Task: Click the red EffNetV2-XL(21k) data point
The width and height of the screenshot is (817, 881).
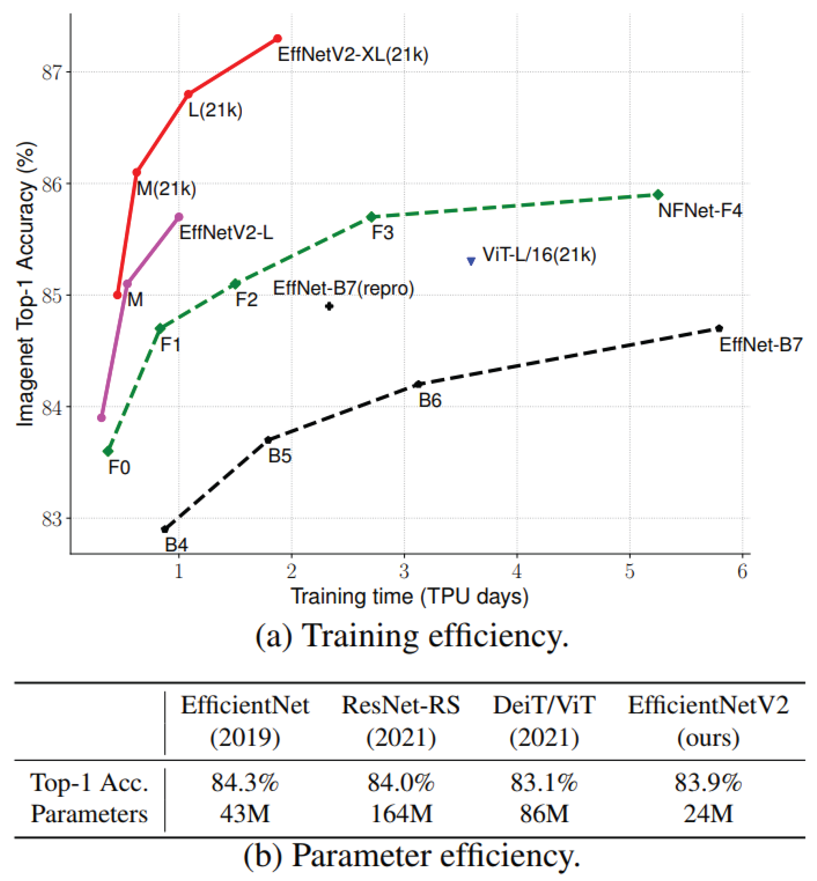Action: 278,39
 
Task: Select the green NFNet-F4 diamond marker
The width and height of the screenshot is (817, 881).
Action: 658,195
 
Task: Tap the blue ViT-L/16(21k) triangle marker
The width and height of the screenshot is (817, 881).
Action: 471,261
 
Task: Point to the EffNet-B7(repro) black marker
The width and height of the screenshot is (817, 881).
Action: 329,306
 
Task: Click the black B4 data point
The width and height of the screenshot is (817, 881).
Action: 165,529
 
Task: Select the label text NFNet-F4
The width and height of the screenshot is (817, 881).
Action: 700,211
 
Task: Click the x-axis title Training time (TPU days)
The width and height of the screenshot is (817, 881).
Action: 409,597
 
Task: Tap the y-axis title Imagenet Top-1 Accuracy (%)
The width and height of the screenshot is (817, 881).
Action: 25,284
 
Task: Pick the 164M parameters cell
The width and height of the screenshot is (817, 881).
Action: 401,814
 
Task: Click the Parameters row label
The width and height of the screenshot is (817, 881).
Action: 89,814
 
